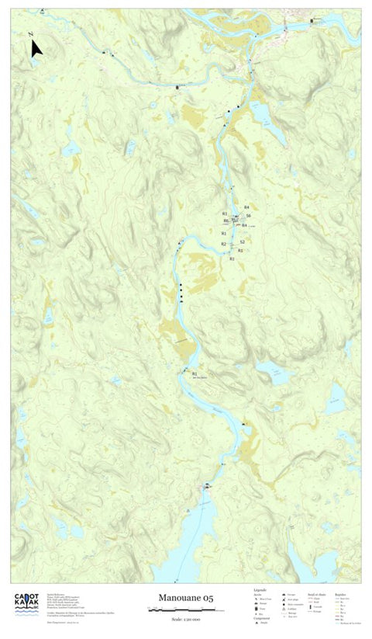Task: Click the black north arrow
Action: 36,50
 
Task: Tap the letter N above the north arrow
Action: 29,35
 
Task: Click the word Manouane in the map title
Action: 179,597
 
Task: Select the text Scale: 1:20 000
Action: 186,619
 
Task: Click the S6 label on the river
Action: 248,215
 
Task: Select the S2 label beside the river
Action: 242,242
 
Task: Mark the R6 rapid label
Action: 226,221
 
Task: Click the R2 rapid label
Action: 223,244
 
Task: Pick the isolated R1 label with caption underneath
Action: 195,373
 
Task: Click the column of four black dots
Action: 181,292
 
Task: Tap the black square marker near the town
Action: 312,21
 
